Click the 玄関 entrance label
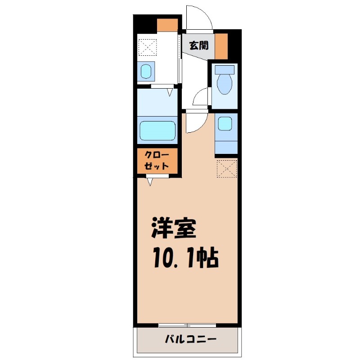198,45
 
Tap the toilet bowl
224,83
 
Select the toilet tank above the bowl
224,70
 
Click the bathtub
157,130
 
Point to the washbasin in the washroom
146,72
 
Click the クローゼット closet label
157,161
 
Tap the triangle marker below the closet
150,182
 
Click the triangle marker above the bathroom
170,93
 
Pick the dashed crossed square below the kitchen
226,168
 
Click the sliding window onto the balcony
187,325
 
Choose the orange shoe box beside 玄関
221,46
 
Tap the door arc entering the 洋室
194,122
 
